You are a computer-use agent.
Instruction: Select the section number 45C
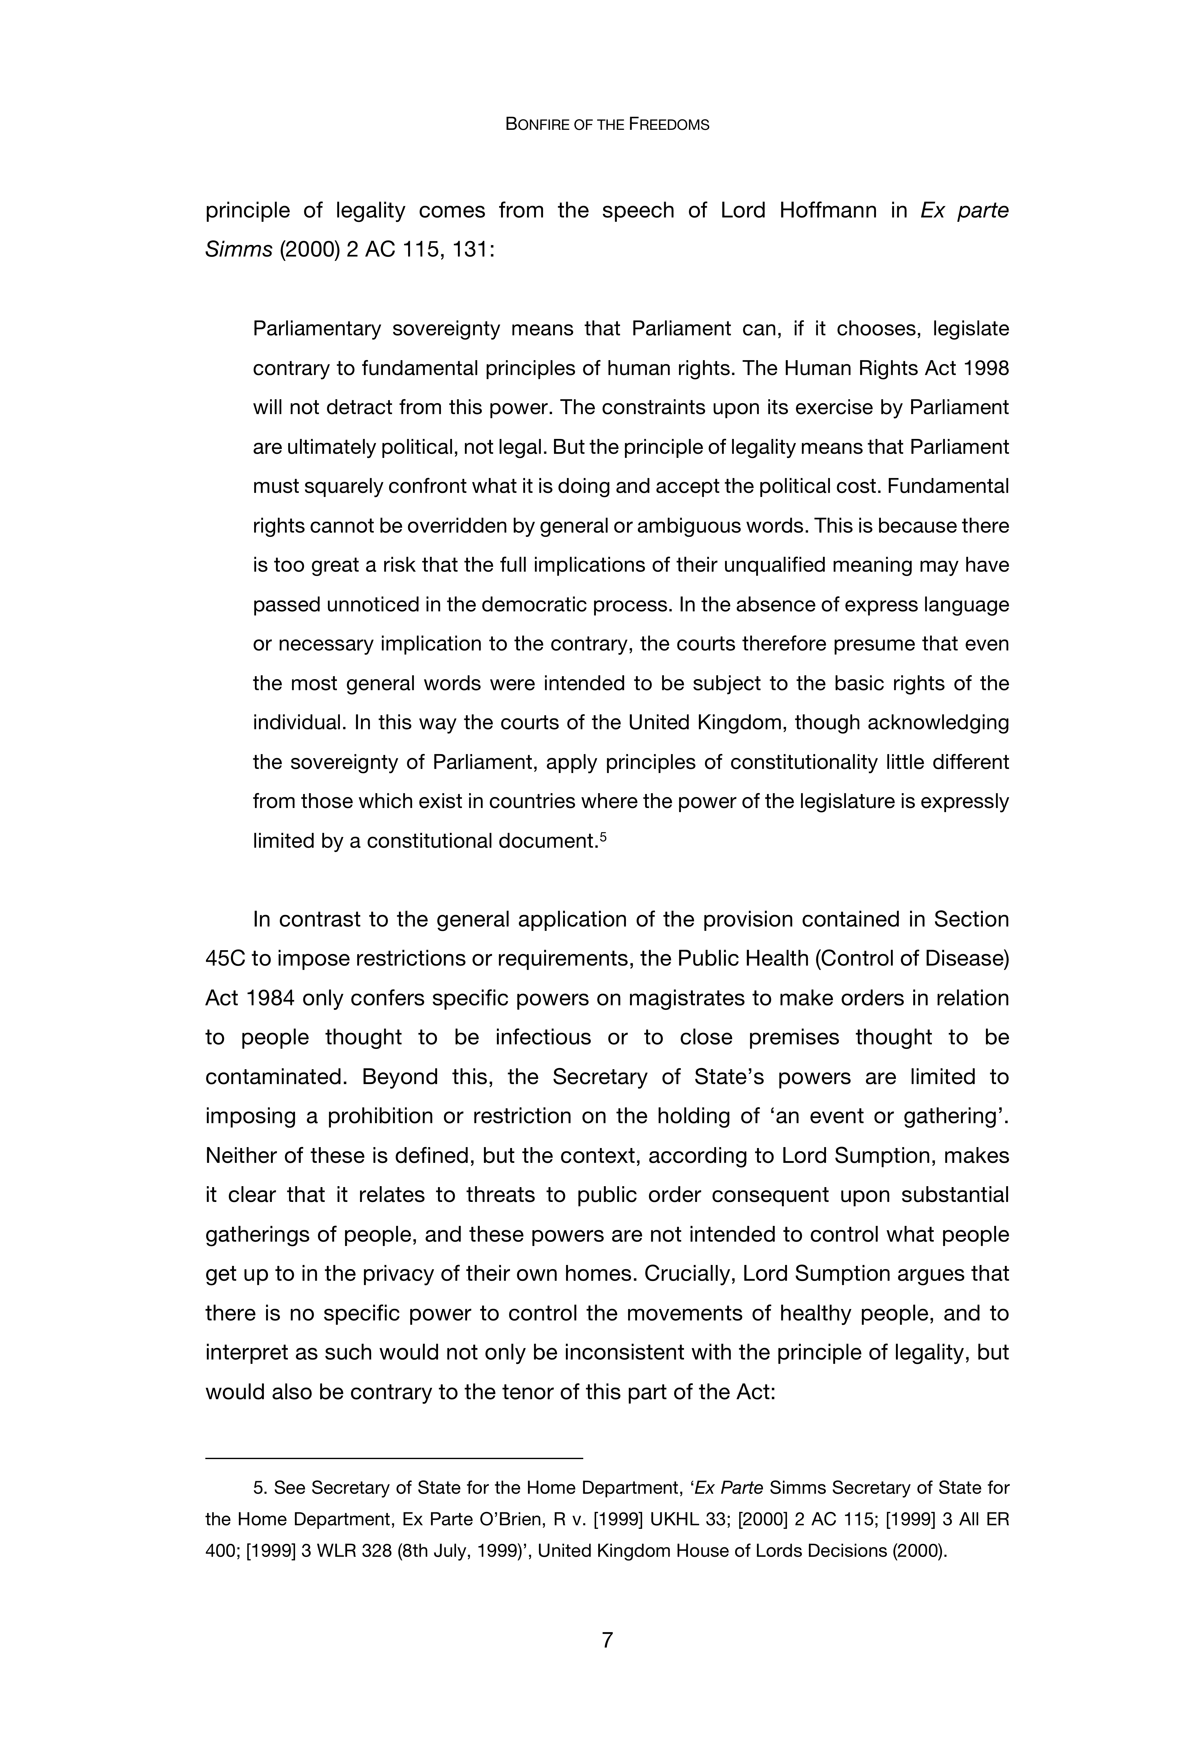click(x=224, y=959)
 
